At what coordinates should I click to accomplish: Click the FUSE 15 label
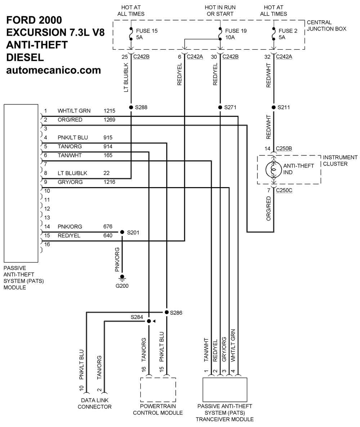(x=147, y=31)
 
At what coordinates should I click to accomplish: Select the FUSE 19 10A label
(x=236, y=34)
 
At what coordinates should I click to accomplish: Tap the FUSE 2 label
(x=288, y=31)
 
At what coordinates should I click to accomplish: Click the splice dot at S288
(x=131, y=107)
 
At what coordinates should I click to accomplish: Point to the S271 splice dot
(x=220, y=107)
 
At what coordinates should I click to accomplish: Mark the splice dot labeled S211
(x=274, y=107)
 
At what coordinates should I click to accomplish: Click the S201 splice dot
(x=122, y=232)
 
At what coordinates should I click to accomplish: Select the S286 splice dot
(x=167, y=312)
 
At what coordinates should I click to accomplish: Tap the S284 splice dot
(x=149, y=321)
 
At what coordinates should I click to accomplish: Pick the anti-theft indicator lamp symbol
(x=274, y=169)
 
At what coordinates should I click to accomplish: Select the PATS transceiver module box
(x=225, y=390)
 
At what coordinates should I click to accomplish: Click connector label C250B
(x=284, y=149)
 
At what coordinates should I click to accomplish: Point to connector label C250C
(x=284, y=190)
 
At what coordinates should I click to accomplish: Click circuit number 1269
(x=109, y=119)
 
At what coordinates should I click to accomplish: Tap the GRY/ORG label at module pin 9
(x=70, y=182)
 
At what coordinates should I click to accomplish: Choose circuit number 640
(x=108, y=236)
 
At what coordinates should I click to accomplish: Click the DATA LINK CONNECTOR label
(x=95, y=403)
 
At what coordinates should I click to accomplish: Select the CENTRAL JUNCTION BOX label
(x=327, y=26)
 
